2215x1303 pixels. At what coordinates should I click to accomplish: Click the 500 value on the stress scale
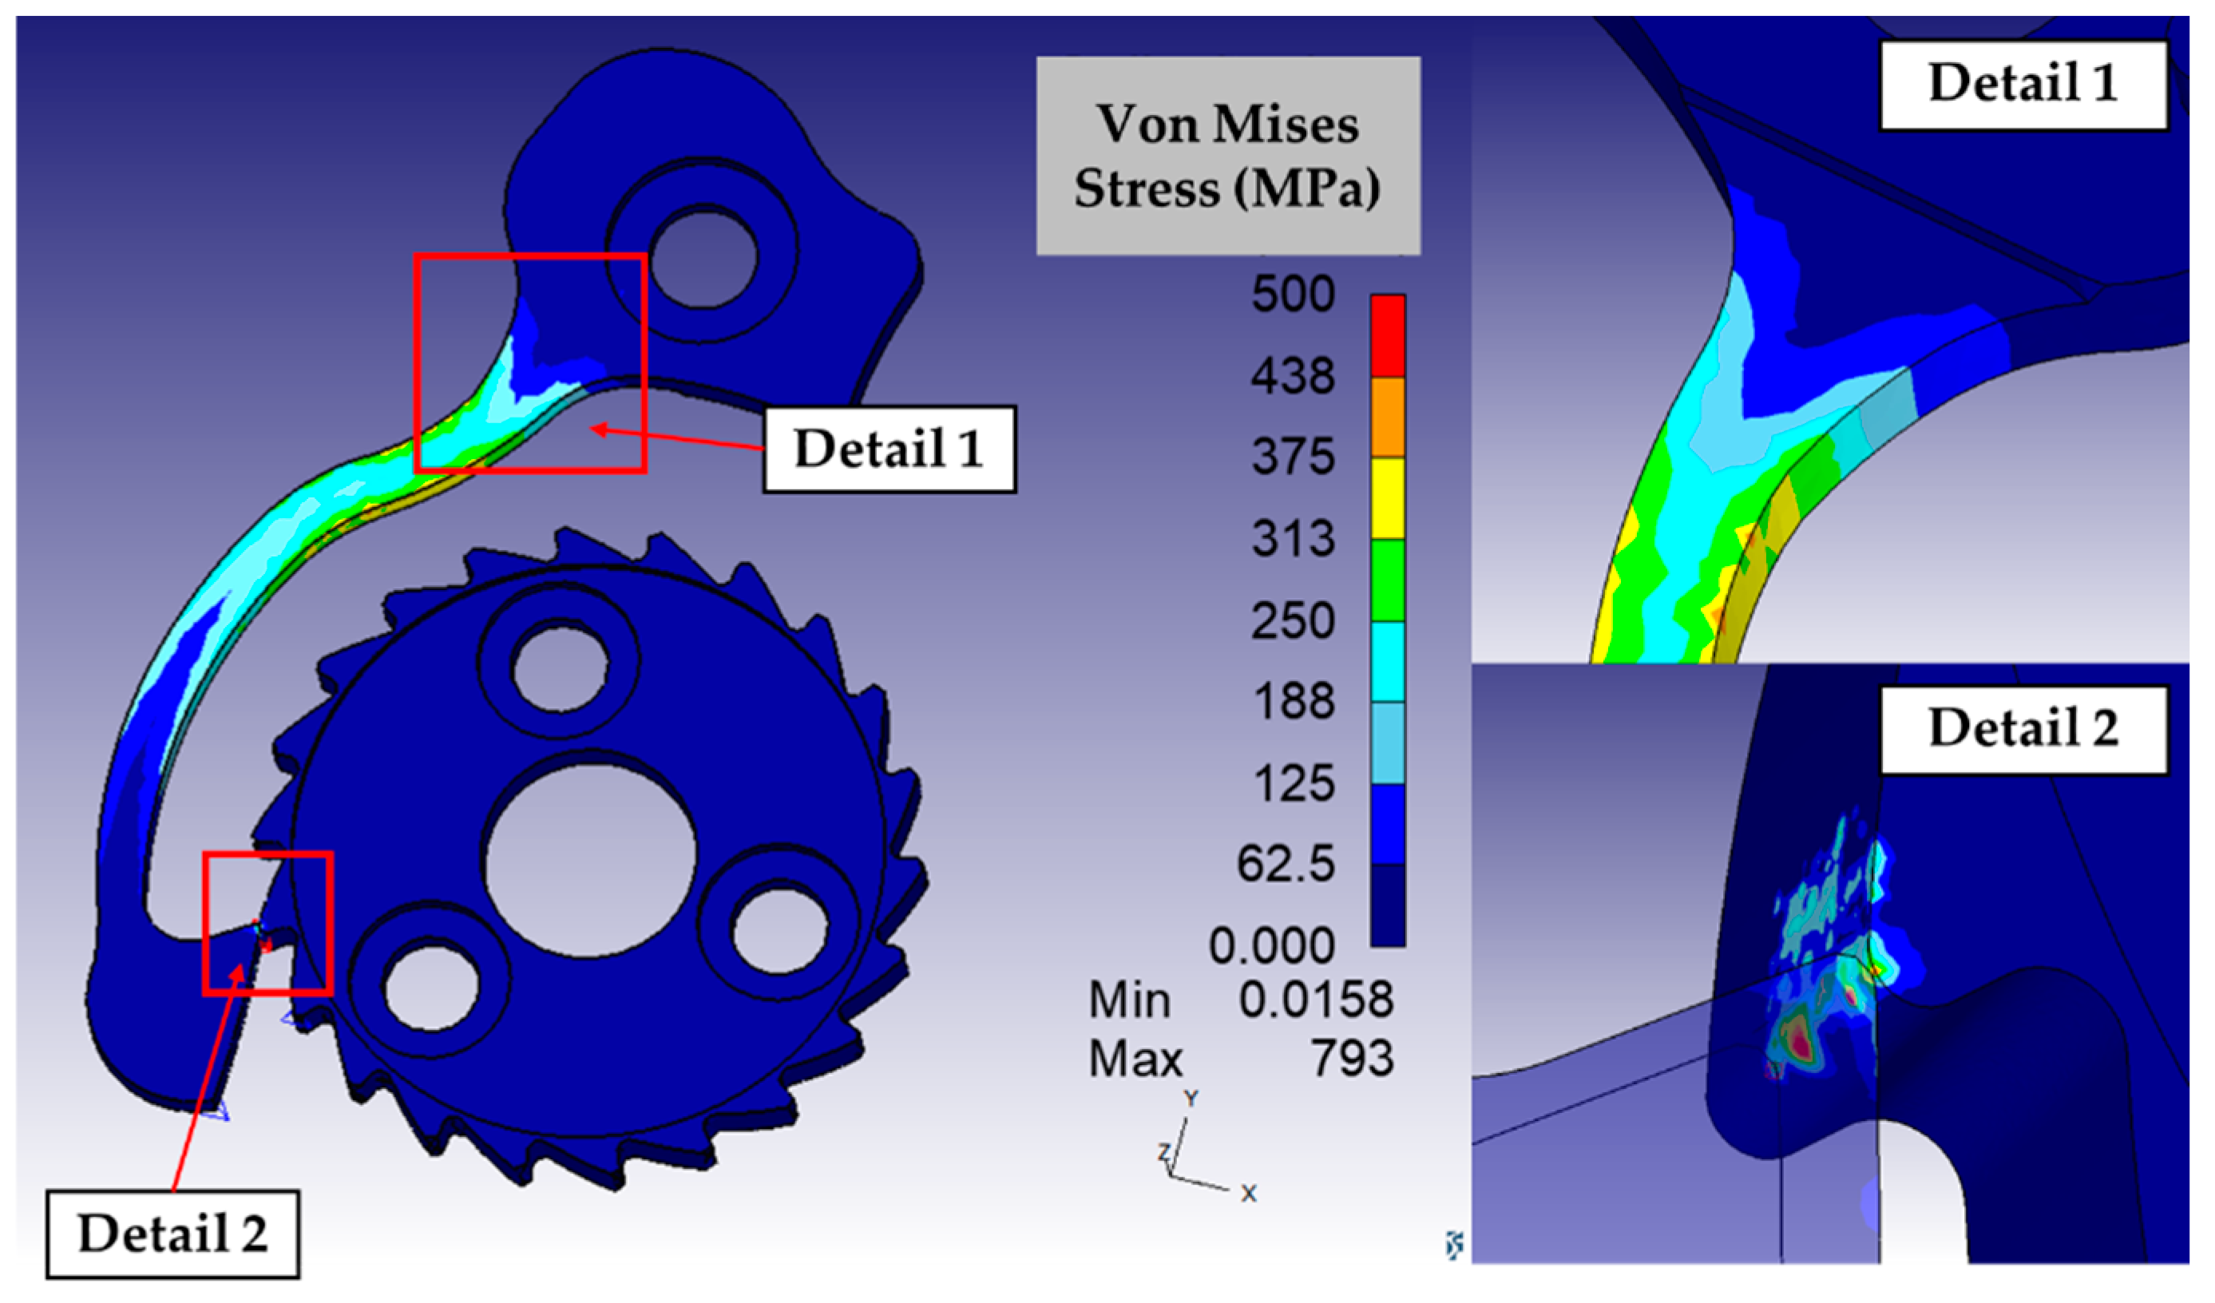click(x=1293, y=295)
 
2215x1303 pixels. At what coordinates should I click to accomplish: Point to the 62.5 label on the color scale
click(x=1286, y=864)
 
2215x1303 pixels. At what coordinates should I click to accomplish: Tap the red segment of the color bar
click(x=1388, y=335)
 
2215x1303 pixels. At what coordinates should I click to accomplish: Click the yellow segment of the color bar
click(x=1388, y=498)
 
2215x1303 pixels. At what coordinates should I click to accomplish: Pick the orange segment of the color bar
click(x=1388, y=418)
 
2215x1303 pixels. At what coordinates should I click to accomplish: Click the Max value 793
click(x=1353, y=1058)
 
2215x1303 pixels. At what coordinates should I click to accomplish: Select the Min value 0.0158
click(x=1316, y=1000)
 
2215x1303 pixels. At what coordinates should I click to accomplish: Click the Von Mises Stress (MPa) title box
click(x=1228, y=156)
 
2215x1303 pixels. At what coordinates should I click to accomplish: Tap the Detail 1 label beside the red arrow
click(x=890, y=449)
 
